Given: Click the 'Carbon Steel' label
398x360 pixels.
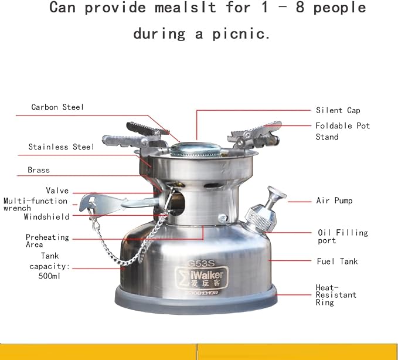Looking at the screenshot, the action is pyautogui.click(x=57, y=107).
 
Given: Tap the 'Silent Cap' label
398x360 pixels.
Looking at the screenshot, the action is pyautogui.click(x=338, y=110).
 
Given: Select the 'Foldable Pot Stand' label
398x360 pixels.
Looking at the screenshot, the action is pyautogui.click(x=343, y=131).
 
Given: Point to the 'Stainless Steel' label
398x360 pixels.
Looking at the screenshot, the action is pyautogui.click(x=61, y=147).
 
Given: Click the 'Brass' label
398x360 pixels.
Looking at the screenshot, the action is pyautogui.click(x=39, y=170).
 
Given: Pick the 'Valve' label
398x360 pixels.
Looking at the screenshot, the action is pyautogui.click(x=57, y=191).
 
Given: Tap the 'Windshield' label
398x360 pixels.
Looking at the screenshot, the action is pyautogui.click(x=46, y=216).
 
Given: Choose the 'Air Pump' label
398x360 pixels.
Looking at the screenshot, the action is pyautogui.click(x=334, y=201).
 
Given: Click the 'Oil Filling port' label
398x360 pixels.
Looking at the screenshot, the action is pyautogui.click(x=343, y=236).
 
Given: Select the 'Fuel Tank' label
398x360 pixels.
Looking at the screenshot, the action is pyautogui.click(x=337, y=261).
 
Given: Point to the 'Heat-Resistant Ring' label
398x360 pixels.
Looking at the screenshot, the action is pyautogui.click(x=336, y=295).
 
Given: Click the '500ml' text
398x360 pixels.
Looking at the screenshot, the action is pyautogui.click(x=49, y=276).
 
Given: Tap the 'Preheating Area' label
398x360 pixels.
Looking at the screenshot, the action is pyautogui.click(x=47, y=240).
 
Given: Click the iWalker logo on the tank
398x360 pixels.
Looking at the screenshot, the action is pyautogui.click(x=202, y=278).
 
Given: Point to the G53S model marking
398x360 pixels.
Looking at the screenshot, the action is pyautogui.click(x=201, y=263).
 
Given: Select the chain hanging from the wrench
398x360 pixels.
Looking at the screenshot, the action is pyautogui.click(x=127, y=241).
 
